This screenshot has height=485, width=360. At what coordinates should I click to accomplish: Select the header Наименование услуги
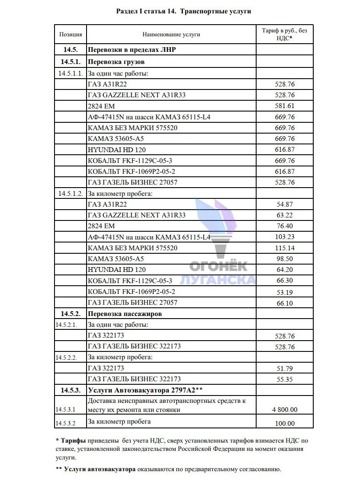[171, 34]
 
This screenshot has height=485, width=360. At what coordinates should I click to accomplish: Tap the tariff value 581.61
[285, 106]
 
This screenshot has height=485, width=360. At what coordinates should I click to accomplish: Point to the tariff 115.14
[285, 248]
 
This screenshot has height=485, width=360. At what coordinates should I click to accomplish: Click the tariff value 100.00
[285, 424]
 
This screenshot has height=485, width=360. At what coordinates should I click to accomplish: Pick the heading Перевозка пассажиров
[125, 313]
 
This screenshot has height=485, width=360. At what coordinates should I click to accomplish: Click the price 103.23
[285, 237]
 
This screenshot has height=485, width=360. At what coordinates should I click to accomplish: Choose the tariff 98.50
[285, 259]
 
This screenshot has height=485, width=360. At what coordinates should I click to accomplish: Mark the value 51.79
[285, 369]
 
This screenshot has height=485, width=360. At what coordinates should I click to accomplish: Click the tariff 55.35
[285, 380]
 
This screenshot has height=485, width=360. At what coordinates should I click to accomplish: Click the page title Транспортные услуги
[215, 11]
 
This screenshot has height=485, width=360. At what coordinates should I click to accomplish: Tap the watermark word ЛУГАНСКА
[218, 280]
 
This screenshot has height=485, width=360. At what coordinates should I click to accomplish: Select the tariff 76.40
[285, 226]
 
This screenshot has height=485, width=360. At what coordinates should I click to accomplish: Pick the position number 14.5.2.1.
[66, 324]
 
